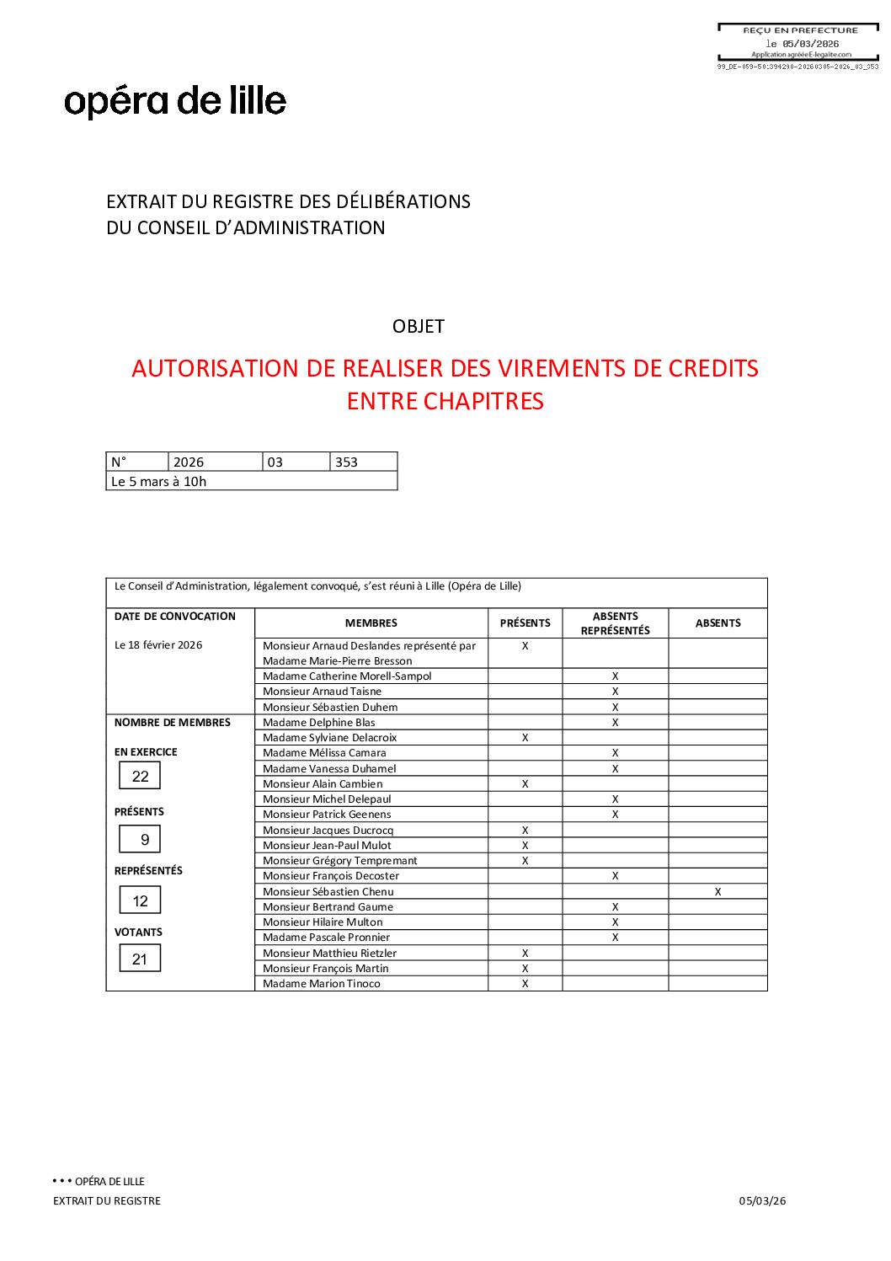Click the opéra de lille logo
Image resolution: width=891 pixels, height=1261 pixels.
pyautogui.click(x=175, y=101)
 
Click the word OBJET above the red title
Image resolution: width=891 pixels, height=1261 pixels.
pyautogui.click(x=419, y=327)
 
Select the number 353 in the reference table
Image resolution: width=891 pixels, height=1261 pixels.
pyautogui.click(x=346, y=462)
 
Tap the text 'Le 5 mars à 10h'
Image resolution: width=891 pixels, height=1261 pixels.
pyautogui.click(x=159, y=482)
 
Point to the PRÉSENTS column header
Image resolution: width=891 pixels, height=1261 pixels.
pyautogui.click(x=525, y=623)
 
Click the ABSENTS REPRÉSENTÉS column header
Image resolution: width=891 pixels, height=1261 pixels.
pyautogui.click(x=615, y=623)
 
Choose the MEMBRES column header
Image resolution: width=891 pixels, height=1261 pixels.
pyautogui.click(x=371, y=623)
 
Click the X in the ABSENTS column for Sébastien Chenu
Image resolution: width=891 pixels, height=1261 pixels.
pyautogui.click(x=718, y=891)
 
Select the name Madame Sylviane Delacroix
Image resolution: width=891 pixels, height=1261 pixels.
pyautogui.click(x=329, y=738)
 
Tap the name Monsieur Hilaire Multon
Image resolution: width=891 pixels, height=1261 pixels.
pyautogui.click(x=323, y=922)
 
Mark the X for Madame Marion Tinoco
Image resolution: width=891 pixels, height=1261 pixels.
pyautogui.click(x=525, y=984)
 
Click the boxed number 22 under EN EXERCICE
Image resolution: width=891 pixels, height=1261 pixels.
pyautogui.click(x=140, y=776)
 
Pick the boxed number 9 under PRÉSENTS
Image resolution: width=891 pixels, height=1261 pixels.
pyautogui.click(x=144, y=839)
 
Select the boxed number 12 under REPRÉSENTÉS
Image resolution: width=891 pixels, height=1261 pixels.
pyautogui.click(x=140, y=900)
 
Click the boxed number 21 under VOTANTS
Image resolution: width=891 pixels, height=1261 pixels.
pyautogui.click(x=140, y=959)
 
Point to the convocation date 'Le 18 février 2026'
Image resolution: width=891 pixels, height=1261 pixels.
pyautogui.click(x=158, y=645)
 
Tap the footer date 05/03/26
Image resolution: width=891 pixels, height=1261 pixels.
pyautogui.click(x=762, y=1201)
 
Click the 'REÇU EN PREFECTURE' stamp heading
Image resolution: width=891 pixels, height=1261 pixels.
pyautogui.click(x=800, y=30)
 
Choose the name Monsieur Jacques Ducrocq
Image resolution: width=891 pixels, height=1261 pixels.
pyautogui.click(x=328, y=831)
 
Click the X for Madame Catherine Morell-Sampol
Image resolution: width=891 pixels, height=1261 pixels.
pyautogui.click(x=615, y=676)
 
